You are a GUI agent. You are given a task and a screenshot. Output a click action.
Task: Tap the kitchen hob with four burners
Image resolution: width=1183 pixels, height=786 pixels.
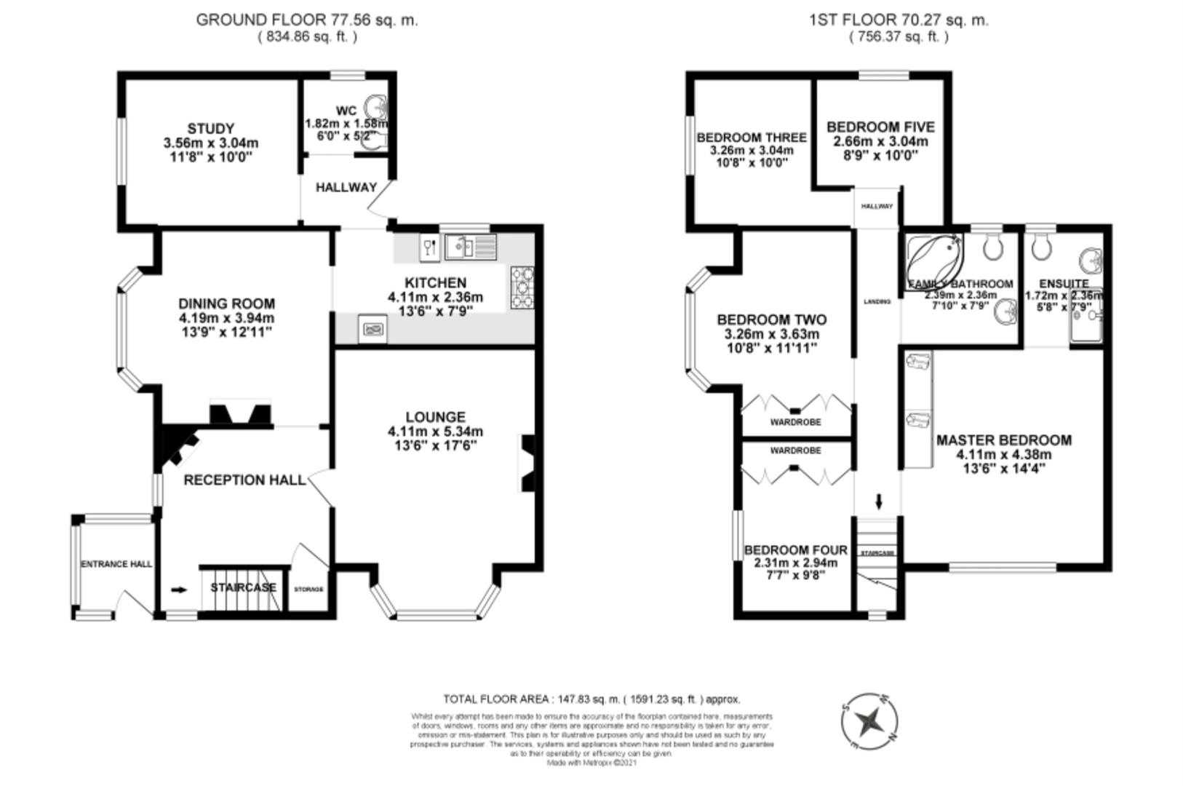(522, 287)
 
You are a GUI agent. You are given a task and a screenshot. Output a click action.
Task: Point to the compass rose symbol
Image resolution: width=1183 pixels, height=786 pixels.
(869, 723)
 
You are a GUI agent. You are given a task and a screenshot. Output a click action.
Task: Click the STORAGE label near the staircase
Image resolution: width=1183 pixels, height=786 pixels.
(308, 589)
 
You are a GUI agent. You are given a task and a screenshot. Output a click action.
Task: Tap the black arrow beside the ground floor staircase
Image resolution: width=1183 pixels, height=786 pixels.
(178, 589)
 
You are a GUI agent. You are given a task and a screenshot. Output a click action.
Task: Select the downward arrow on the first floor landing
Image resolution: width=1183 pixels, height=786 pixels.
(878, 501)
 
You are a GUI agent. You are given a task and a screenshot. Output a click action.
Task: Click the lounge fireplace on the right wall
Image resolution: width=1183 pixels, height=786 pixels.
(527, 463)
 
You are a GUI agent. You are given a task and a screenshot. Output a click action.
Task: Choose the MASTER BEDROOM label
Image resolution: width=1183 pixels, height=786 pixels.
(1003, 440)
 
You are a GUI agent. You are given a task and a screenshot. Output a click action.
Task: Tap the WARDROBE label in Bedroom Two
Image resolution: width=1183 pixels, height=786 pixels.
(795, 422)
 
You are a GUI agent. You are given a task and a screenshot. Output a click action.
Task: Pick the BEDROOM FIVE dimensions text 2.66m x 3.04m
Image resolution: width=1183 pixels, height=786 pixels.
(880, 141)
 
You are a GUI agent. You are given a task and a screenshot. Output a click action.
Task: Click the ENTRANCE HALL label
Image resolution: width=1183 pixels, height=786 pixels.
(116, 564)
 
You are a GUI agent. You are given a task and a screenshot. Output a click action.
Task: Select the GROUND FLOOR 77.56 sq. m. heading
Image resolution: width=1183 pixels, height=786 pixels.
(307, 20)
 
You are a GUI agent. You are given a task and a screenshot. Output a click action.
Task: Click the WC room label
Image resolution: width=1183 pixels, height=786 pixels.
(346, 111)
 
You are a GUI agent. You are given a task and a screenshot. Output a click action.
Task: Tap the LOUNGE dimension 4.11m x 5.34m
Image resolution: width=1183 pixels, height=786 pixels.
(435, 432)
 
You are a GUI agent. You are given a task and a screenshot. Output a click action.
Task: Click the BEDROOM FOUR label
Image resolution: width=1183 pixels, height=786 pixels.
(795, 550)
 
